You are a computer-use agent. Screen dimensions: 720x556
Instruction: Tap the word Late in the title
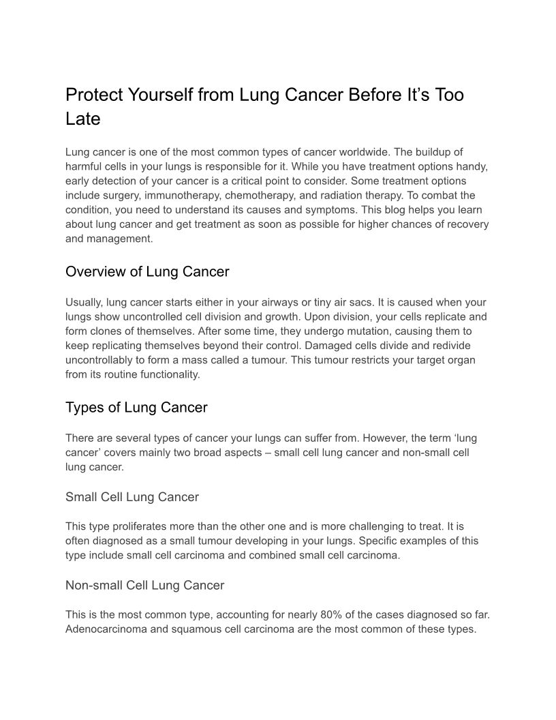coord(82,119)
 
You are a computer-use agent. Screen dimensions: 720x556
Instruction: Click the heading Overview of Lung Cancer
coord(147,272)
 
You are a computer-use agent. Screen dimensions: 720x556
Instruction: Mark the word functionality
coord(168,374)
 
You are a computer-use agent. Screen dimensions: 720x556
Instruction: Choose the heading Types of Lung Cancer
coord(136,408)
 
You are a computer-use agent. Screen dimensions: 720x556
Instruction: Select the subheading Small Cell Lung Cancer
coord(132,497)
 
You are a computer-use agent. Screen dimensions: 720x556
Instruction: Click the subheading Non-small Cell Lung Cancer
coord(144,585)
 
